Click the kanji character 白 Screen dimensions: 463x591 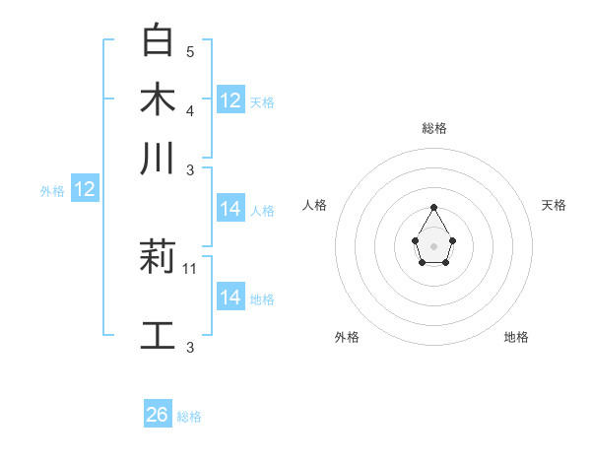point(158,39)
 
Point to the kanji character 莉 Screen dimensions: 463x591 point(158,258)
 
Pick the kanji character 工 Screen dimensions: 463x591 point(158,335)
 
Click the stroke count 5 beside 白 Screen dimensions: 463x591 point(190,51)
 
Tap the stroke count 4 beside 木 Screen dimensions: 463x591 point(190,110)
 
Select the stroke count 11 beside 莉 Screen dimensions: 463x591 point(191,268)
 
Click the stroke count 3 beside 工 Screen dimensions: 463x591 point(190,347)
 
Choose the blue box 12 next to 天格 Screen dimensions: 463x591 point(230,99)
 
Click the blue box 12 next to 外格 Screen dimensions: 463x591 point(85,189)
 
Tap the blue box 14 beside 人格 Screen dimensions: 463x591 point(230,208)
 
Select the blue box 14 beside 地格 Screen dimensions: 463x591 point(230,297)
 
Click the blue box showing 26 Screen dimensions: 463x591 point(158,415)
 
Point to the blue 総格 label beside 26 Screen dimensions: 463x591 point(189,417)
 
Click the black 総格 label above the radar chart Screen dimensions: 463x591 point(433,128)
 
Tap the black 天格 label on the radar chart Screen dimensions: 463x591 point(554,205)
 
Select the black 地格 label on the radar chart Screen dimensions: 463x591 point(516,337)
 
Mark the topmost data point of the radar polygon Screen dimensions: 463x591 point(433,207)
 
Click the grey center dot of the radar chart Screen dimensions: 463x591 point(433,245)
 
